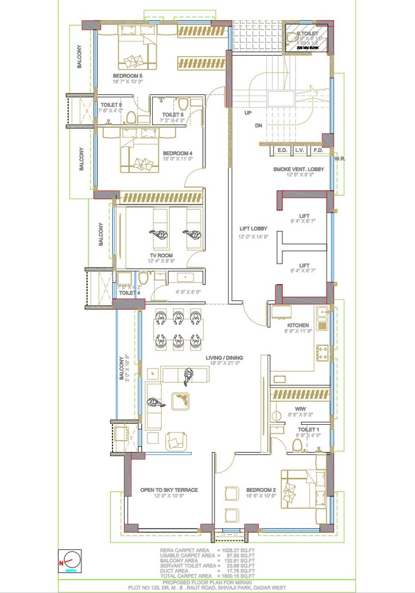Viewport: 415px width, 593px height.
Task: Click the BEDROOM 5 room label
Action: pos(128,75)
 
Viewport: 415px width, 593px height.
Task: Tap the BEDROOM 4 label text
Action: pos(177,153)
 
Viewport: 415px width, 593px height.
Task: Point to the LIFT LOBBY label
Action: pos(253,229)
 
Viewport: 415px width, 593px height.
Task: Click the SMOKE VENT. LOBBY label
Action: pos(299,169)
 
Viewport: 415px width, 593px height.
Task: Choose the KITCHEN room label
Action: pos(298,325)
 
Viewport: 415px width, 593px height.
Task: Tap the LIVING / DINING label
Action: pos(224,358)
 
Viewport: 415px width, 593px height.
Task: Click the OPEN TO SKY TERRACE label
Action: pos(169,490)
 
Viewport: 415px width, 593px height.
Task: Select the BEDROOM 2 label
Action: pos(261,490)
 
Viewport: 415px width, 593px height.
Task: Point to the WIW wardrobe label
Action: pos(300,408)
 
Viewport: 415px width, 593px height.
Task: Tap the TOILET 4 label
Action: pos(129,293)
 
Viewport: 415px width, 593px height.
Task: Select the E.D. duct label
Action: pos(282,150)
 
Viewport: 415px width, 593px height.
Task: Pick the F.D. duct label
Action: pos(318,150)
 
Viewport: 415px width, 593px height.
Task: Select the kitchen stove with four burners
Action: pos(322,352)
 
